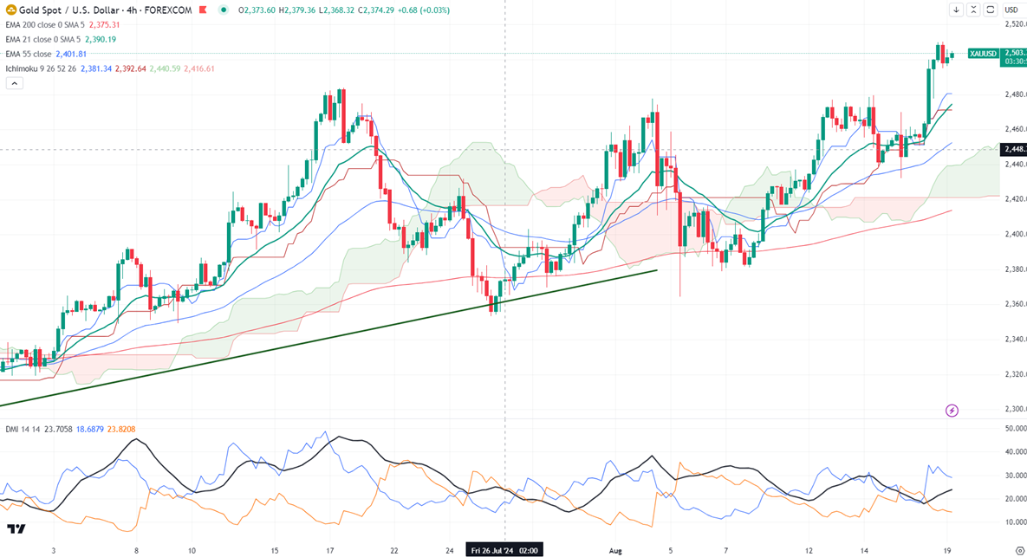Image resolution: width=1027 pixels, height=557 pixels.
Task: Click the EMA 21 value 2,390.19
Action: [101, 39]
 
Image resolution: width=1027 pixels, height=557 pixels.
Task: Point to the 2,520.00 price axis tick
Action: [1015, 23]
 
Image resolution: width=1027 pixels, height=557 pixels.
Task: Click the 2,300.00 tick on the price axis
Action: [1015, 409]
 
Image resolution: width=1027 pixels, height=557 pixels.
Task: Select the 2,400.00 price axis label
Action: [1015, 234]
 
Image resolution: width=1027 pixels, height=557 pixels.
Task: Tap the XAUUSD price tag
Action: [984, 53]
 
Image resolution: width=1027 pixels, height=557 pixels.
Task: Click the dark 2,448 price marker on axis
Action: [1014, 149]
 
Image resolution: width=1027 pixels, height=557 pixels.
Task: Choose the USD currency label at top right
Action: [1011, 10]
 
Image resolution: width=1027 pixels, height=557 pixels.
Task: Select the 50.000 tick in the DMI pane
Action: [1015, 429]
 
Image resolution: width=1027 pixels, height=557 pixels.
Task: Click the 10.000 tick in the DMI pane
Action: [1015, 522]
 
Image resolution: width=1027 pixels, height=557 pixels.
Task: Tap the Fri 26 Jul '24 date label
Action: [504, 549]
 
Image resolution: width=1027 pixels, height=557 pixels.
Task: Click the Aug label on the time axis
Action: [616, 549]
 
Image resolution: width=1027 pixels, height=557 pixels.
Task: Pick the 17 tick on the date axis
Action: [329, 549]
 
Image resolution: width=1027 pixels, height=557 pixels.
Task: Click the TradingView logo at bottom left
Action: [16, 528]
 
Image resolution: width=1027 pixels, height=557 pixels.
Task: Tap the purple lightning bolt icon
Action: [952, 410]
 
